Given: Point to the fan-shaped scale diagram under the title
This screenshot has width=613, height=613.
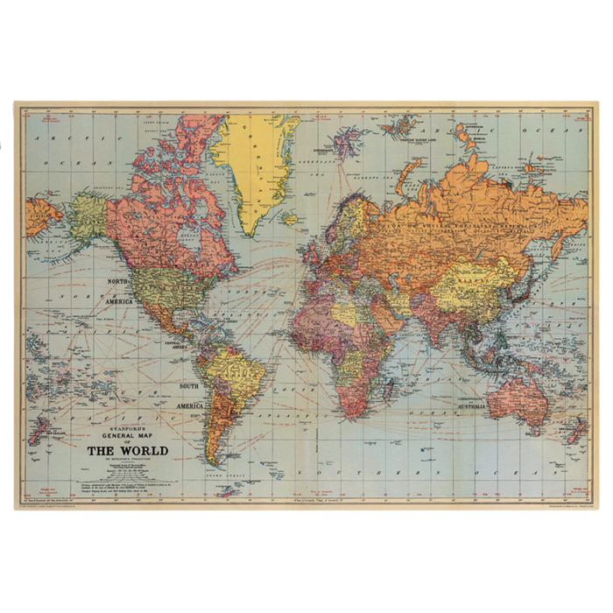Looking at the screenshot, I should (x=127, y=474).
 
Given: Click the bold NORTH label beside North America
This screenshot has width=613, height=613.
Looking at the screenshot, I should (x=120, y=281).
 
